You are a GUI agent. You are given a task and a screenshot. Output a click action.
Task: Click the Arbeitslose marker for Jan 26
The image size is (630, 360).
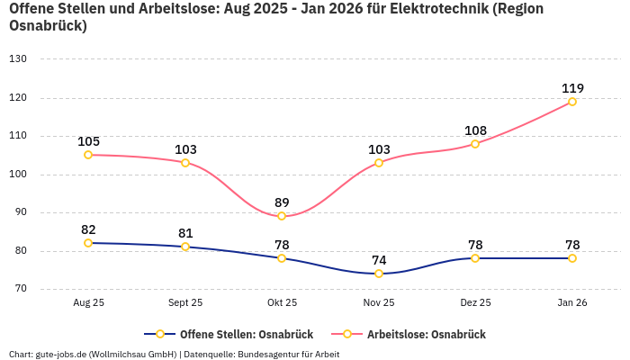571,102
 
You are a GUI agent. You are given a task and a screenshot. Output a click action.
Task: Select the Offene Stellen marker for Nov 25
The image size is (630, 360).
379,274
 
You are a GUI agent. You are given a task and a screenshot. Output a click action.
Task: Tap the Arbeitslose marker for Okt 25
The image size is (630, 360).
282,216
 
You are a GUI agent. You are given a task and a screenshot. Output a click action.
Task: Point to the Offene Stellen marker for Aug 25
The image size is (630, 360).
88,243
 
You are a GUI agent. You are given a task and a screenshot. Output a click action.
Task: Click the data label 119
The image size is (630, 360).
572,88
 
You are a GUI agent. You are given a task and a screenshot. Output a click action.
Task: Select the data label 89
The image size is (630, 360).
282,202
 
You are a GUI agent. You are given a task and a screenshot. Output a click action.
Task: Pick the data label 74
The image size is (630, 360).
379,260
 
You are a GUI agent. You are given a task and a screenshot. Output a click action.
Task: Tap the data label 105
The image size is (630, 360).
88,141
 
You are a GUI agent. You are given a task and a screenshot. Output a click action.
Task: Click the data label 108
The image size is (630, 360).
475,130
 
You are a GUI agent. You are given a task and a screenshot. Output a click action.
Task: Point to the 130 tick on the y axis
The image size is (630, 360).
18,59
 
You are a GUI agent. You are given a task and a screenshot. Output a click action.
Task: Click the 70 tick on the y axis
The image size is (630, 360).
20,290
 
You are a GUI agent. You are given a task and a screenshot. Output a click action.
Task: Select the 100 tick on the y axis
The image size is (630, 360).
18,175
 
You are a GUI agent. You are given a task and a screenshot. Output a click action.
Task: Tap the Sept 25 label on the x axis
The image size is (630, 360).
185,303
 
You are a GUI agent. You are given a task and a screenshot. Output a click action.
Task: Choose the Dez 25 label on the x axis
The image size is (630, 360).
475,303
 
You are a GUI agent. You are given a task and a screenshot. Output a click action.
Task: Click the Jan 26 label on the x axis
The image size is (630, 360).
571,303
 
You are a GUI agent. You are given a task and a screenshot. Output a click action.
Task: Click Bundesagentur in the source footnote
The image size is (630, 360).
268,355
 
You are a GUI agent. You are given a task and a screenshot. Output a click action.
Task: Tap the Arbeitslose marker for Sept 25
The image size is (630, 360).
185,163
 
